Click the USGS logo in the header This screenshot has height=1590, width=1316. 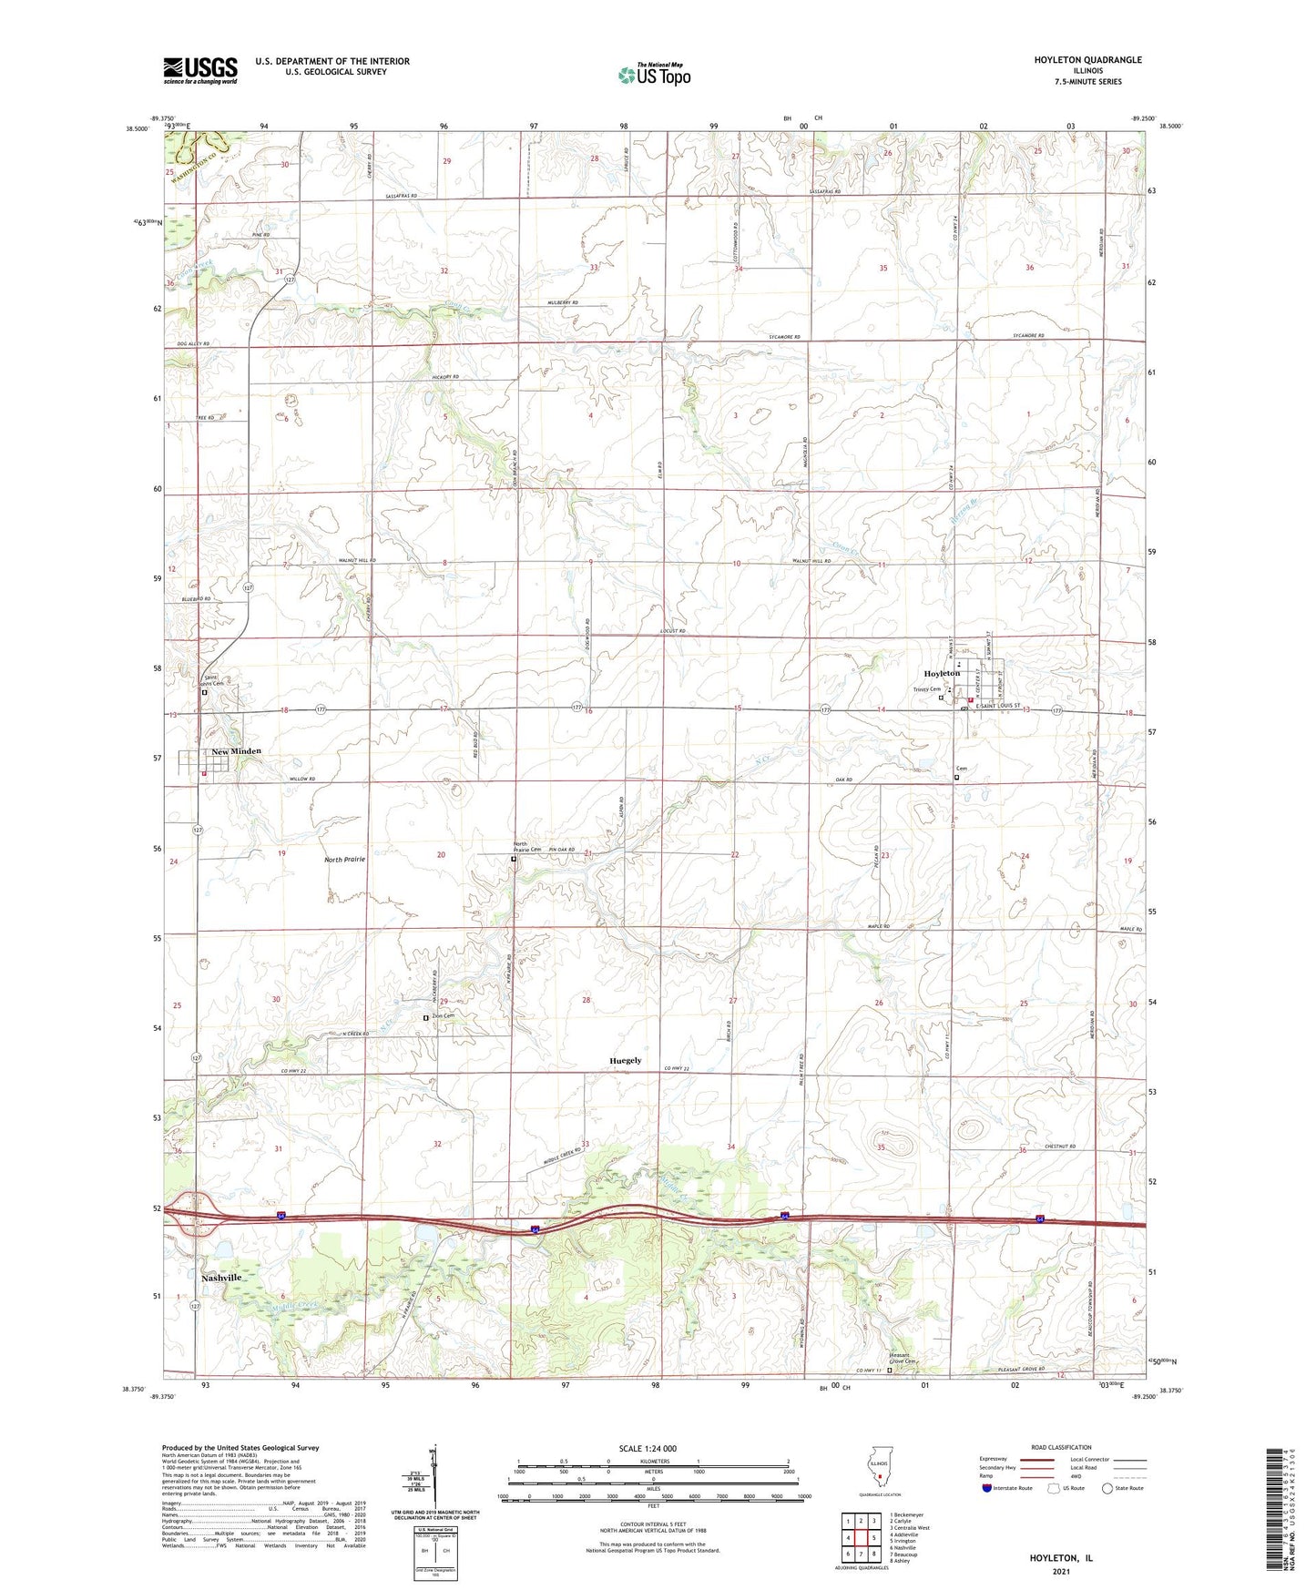pos(199,70)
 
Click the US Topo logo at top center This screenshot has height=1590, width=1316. pos(654,75)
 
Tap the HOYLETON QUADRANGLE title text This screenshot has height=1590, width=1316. pos(1087,60)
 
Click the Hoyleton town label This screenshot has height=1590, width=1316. pos(942,673)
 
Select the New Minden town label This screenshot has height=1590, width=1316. pos(236,751)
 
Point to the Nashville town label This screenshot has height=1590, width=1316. pos(221,1278)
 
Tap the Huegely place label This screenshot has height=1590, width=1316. pos(625,1061)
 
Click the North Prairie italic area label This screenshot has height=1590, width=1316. pos(344,860)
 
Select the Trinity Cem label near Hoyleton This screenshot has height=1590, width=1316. pos(926,689)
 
